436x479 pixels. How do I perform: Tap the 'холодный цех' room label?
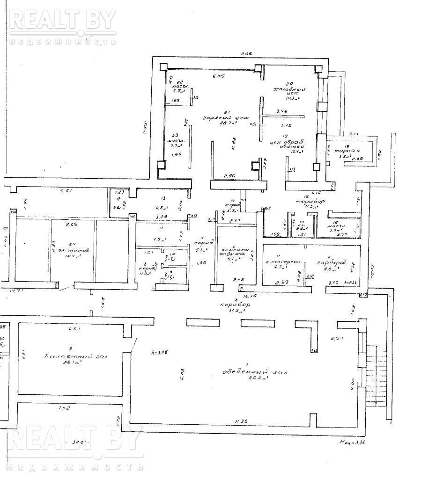[290, 91]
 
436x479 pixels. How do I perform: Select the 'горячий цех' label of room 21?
[219, 118]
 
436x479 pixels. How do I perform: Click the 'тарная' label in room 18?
[350, 151]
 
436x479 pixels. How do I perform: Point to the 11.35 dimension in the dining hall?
[242, 421]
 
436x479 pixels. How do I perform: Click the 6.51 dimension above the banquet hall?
[75, 328]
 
